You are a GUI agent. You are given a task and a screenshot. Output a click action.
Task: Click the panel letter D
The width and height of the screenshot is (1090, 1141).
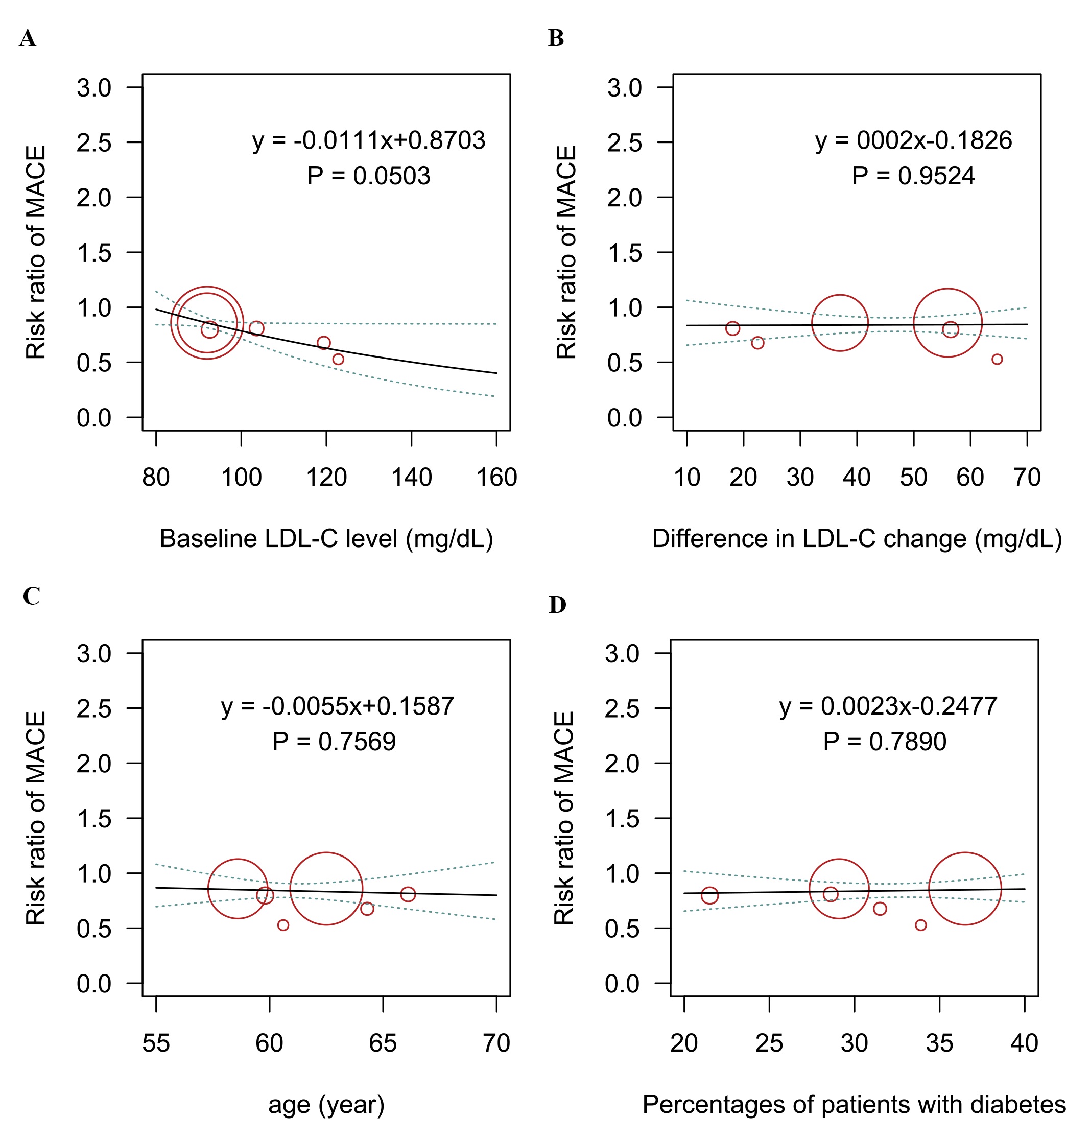click(557, 605)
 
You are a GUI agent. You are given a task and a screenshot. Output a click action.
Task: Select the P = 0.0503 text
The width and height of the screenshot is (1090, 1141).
click(368, 176)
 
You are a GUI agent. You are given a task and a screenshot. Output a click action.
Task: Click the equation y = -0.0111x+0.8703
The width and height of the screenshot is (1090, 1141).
click(368, 140)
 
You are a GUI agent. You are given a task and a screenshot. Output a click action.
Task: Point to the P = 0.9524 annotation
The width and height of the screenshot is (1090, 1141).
click(913, 176)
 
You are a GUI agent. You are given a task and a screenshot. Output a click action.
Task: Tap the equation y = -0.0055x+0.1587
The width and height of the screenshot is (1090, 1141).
click(337, 706)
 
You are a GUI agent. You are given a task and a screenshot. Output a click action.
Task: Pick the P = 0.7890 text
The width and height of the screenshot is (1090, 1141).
click(884, 741)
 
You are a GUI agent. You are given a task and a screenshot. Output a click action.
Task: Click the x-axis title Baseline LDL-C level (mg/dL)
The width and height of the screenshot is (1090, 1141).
click(326, 538)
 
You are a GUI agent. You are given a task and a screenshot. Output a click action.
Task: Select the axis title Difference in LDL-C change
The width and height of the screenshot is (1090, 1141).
click(857, 538)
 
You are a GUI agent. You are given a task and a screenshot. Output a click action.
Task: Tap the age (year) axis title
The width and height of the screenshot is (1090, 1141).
click(326, 1104)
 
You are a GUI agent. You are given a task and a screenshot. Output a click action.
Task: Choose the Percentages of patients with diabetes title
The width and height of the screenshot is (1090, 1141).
click(854, 1104)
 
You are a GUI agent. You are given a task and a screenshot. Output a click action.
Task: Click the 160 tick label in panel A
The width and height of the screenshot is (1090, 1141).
click(496, 477)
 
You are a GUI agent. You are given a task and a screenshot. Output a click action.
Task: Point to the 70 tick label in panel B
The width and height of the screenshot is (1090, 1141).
click(1027, 477)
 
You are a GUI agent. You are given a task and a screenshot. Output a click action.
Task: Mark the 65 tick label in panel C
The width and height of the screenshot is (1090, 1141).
click(383, 1043)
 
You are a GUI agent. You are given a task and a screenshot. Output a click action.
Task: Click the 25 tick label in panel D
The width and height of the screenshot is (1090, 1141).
click(769, 1043)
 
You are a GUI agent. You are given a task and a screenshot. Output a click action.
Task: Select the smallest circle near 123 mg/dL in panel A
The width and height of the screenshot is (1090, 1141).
click(338, 359)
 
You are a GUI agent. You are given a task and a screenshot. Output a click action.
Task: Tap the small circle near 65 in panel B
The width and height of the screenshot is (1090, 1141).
click(997, 359)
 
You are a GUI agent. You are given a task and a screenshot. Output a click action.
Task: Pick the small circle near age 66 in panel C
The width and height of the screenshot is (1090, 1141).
click(408, 894)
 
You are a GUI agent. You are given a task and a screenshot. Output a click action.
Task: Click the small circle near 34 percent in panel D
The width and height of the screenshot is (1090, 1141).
click(921, 925)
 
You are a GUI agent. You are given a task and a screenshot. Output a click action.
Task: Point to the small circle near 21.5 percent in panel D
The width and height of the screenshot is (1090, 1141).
click(709, 895)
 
